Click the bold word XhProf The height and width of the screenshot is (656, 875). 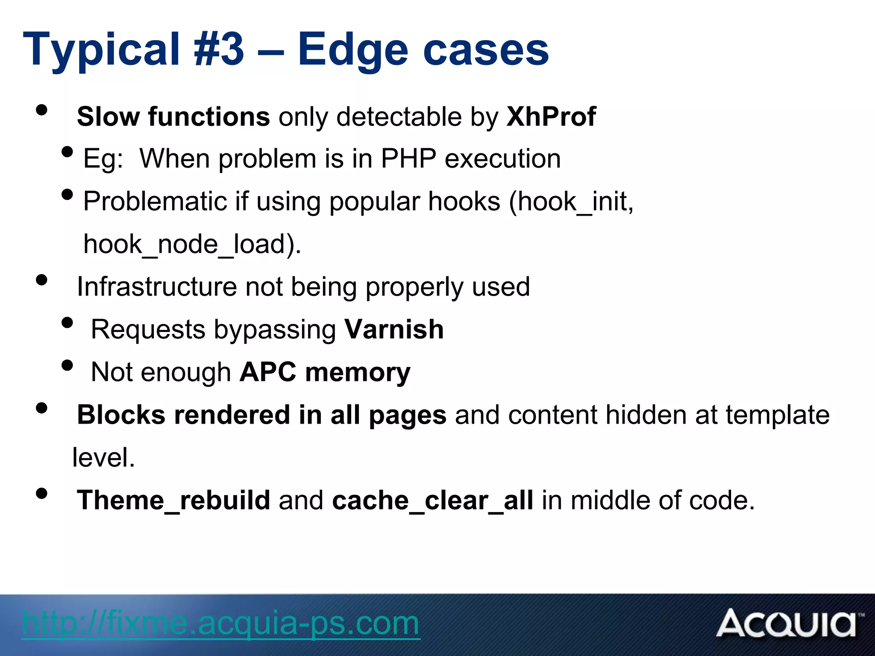[551, 117]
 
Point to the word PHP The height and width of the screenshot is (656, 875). [408, 159]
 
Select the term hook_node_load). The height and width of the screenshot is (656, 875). [192, 244]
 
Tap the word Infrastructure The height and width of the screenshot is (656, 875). [156, 287]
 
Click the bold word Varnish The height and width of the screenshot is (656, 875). [394, 330]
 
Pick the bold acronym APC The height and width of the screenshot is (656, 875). [267, 372]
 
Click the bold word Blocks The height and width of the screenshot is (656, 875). [121, 415]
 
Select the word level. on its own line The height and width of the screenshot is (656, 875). [104, 458]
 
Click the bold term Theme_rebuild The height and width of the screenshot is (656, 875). [173, 501]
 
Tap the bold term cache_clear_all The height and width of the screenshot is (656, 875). [432, 501]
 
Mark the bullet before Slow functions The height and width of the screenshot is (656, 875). [41, 110]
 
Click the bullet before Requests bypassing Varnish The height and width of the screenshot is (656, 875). [67, 322]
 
